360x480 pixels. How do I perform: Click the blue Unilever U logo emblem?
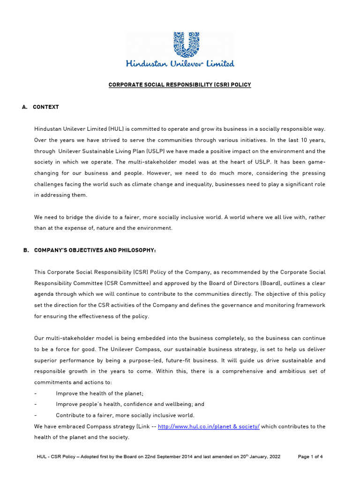point(180,45)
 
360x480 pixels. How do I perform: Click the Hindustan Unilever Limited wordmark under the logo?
point(180,63)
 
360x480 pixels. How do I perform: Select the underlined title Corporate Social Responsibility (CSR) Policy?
point(180,85)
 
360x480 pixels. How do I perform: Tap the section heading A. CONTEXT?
point(41,107)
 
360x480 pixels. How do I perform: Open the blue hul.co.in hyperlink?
point(209,427)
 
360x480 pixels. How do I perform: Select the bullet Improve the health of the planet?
point(99,393)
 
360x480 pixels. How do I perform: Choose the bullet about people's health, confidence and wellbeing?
point(130,404)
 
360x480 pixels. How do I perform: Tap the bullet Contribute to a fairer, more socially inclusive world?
point(125,415)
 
